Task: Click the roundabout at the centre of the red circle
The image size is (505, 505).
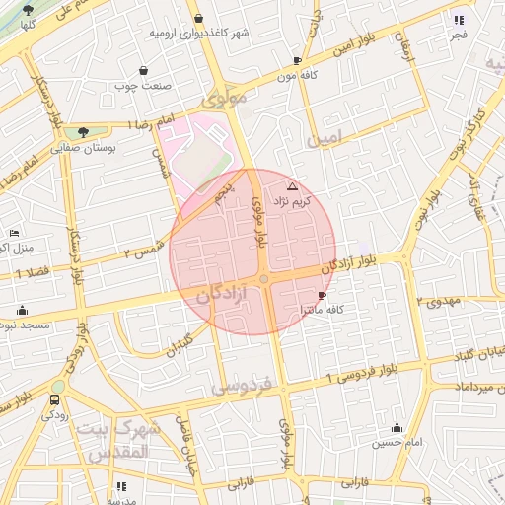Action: [263, 280]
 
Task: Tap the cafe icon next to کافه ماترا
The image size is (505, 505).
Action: [322, 295]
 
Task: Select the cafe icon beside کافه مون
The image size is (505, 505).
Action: [297, 60]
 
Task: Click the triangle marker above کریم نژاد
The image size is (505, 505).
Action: [291, 186]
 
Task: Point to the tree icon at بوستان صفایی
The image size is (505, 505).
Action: [83, 131]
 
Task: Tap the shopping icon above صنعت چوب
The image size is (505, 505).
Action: [145, 70]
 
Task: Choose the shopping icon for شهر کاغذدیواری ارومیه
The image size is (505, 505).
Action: [198, 18]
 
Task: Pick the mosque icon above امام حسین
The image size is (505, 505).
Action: [397, 427]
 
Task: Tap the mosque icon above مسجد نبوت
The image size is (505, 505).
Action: [22, 310]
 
